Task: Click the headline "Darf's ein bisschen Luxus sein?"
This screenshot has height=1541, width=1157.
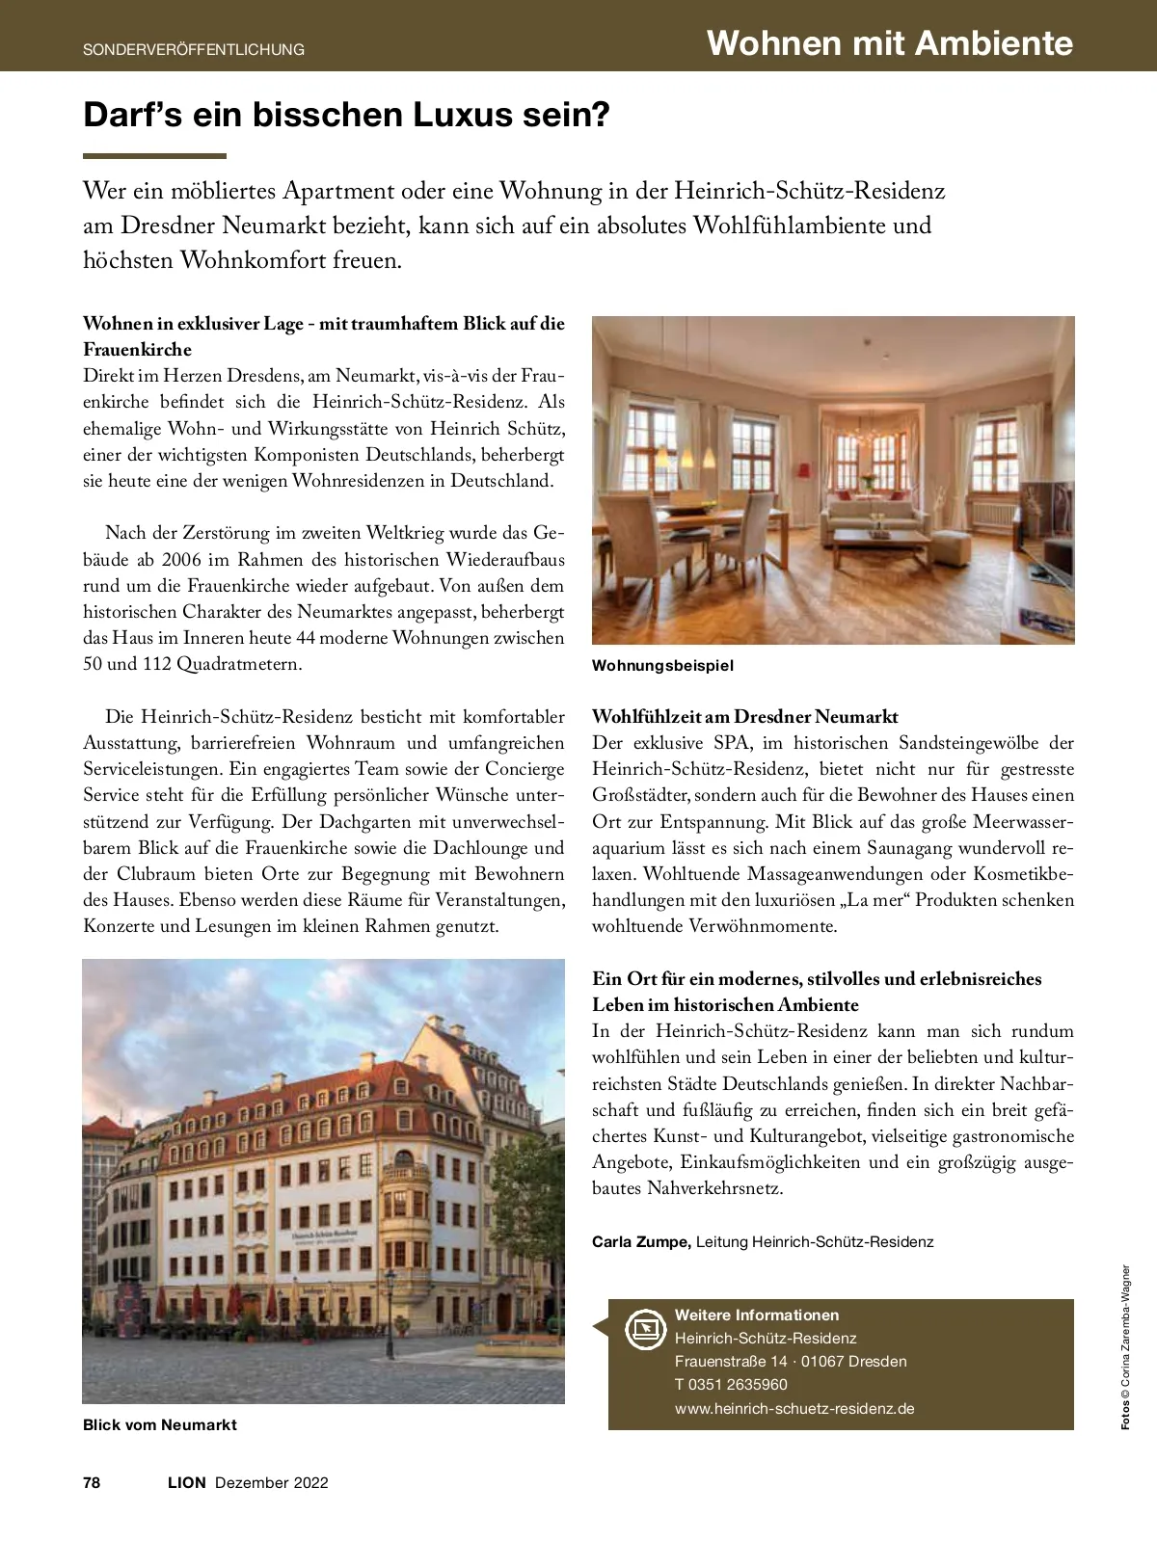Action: click(x=347, y=116)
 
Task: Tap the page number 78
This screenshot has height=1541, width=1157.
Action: click(x=92, y=1482)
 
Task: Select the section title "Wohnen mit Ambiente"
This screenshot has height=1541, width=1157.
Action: click(x=889, y=43)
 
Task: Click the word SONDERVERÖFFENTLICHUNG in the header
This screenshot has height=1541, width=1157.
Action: click(x=194, y=49)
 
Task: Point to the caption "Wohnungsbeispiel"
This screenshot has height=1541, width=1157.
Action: click(x=662, y=666)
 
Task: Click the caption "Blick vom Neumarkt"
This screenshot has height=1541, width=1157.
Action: click(x=160, y=1424)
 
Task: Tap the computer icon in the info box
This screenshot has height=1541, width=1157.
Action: click(x=646, y=1330)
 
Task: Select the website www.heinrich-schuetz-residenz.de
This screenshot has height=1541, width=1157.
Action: click(x=794, y=1408)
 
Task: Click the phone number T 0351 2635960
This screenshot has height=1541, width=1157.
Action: click(x=731, y=1385)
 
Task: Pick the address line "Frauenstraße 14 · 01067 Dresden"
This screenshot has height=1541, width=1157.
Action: click(x=791, y=1362)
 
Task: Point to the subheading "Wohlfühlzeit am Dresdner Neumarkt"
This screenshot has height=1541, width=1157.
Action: click(x=744, y=717)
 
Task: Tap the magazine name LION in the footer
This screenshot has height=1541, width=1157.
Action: click(x=186, y=1482)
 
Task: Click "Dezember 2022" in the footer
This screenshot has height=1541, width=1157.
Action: click(x=272, y=1482)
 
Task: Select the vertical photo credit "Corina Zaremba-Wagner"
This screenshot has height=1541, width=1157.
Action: click(x=1125, y=1335)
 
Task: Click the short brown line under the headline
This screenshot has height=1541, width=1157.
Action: click(x=154, y=156)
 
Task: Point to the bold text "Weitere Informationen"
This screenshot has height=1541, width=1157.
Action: click(x=757, y=1315)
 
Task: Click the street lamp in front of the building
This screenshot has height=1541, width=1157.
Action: click(x=390, y=1306)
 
